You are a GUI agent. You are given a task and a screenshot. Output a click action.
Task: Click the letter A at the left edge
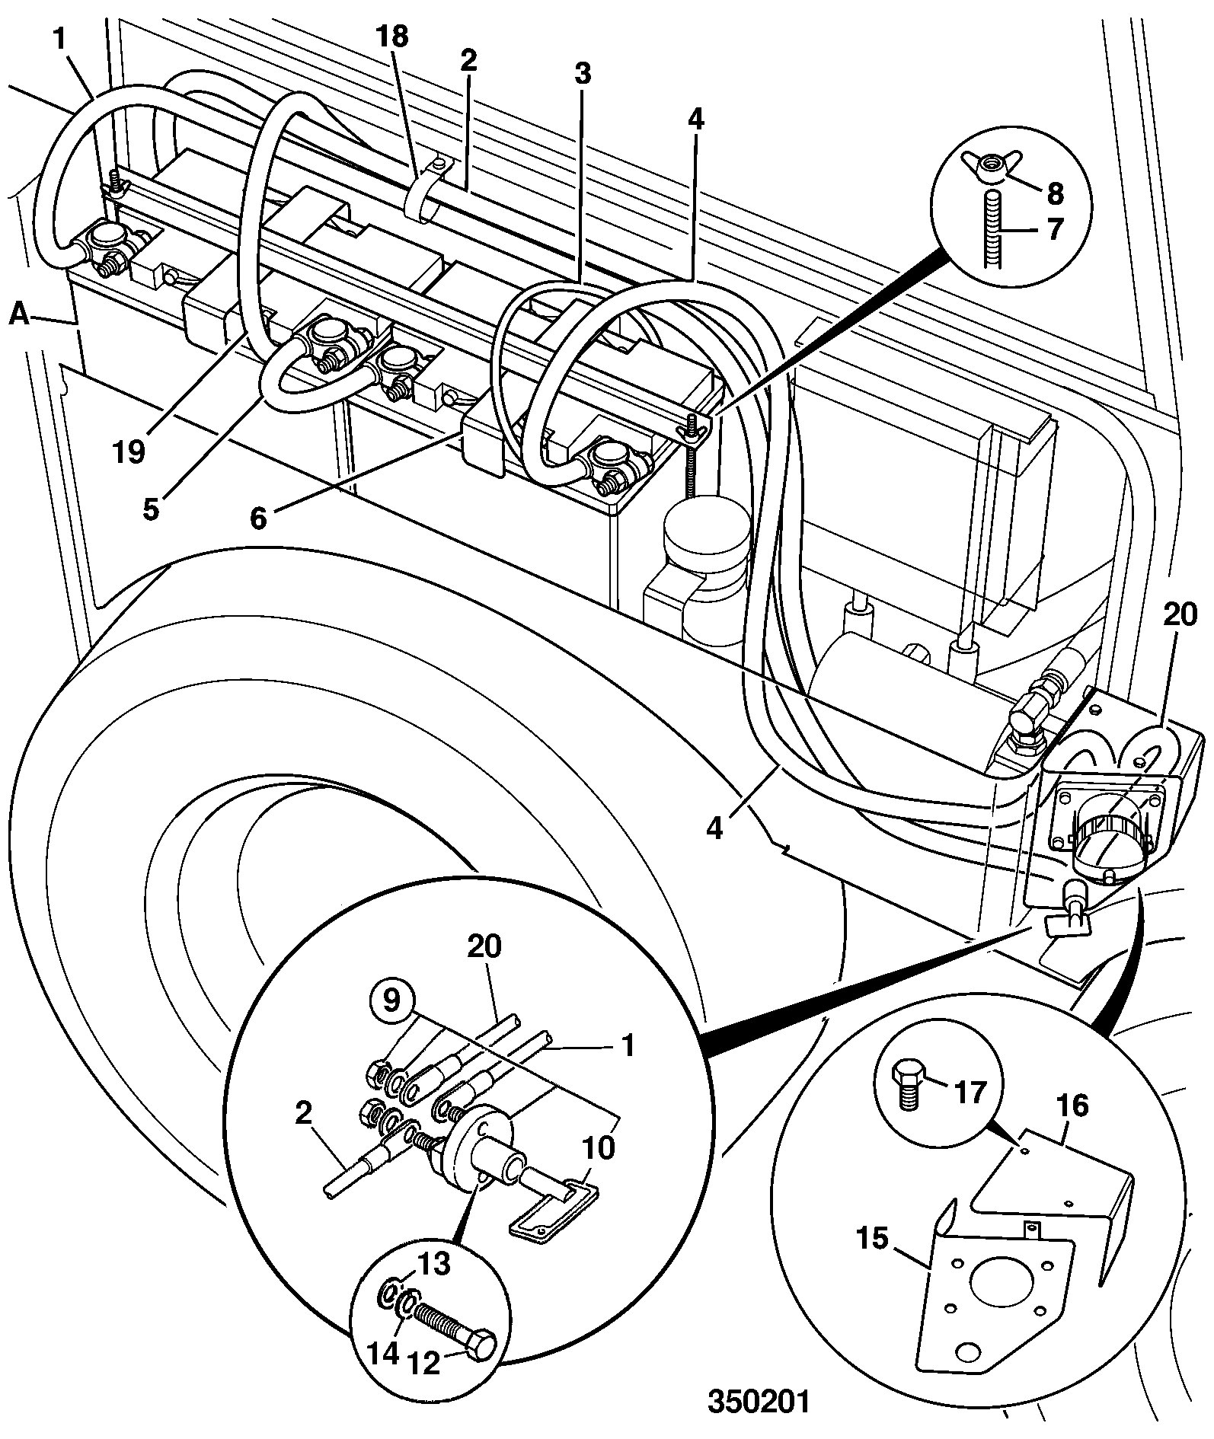click(x=19, y=314)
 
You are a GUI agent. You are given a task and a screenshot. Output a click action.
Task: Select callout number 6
click(x=259, y=518)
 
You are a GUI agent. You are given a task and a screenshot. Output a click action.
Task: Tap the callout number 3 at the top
click(x=582, y=75)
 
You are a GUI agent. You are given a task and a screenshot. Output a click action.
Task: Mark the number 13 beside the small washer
click(x=433, y=1265)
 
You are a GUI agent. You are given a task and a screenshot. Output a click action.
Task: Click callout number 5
click(x=152, y=508)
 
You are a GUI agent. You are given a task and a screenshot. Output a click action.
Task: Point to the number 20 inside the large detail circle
click(x=484, y=947)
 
